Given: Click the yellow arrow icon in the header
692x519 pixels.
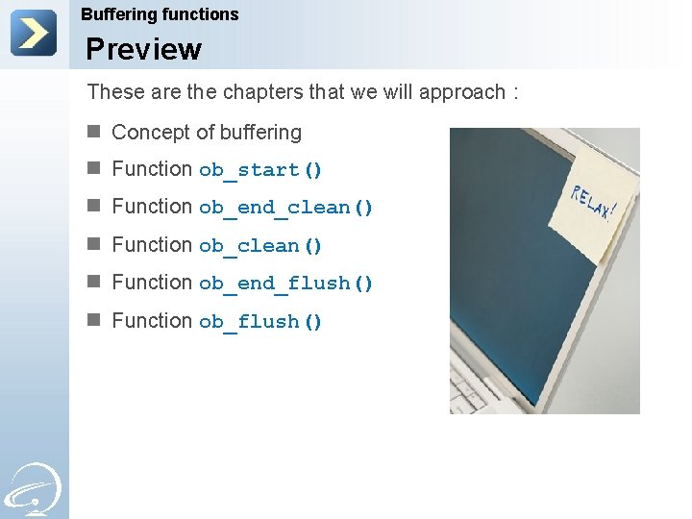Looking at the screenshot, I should click(x=34, y=33).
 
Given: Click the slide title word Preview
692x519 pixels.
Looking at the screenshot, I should click(x=143, y=49).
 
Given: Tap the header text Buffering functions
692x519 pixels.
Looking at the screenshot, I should click(x=160, y=14).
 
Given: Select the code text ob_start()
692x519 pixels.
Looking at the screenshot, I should click(x=260, y=170).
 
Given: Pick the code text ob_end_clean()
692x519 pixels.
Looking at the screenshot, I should click(x=285, y=208).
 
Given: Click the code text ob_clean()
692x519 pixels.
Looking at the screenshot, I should click(x=260, y=246).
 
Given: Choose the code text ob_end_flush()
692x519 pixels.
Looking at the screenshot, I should click(x=285, y=284).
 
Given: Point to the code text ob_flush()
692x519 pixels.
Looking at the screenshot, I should click(x=260, y=322).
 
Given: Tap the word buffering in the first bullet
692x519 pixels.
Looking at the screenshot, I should click(x=261, y=133).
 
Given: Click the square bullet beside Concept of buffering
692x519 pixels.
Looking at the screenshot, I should click(x=93, y=132).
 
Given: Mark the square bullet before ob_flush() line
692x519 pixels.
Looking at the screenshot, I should click(x=93, y=320).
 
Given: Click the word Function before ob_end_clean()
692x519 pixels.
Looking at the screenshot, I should click(x=152, y=207).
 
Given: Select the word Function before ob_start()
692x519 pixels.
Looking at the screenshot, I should click(x=152, y=169).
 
